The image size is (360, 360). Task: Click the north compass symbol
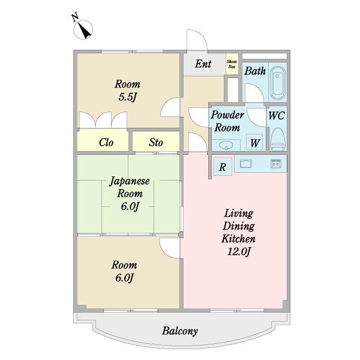tap(83, 29)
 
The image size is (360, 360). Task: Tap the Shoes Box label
tap(232, 64)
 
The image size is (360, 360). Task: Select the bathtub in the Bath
tap(278, 83)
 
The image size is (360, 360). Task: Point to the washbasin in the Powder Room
tap(226, 145)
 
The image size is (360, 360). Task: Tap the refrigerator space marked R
tap(223, 166)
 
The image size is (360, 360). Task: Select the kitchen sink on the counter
tap(246, 164)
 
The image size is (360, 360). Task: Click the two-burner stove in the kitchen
tap(276, 164)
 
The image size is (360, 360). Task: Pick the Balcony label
tap(180, 331)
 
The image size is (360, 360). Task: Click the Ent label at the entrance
tap(203, 64)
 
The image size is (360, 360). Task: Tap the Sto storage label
tap(156, 142)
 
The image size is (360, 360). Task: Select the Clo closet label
tap(106, 142)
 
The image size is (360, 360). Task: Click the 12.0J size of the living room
tap(238, 252)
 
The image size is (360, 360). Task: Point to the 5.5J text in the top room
tap(127, 97)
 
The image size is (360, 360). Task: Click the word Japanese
tap(130, 181)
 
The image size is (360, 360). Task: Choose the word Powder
tap(227, 115)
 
